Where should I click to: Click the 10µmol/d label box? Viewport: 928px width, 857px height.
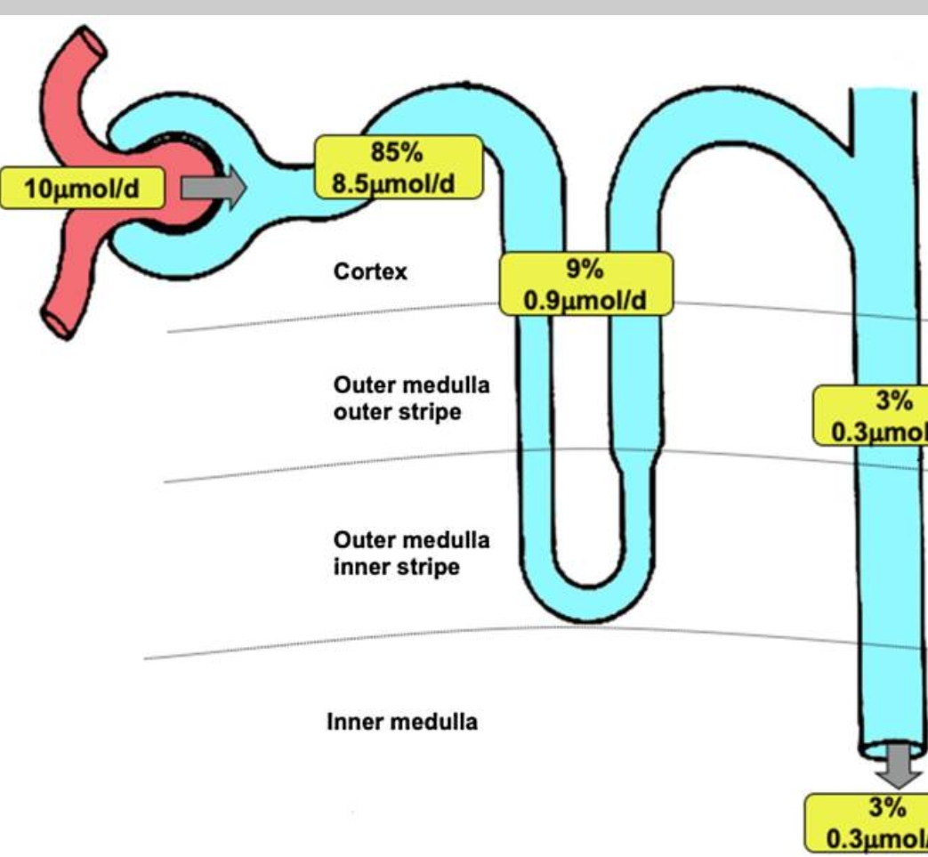[83, 189]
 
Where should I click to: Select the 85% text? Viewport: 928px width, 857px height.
[397, 152]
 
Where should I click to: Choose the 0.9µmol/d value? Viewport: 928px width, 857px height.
[585, 300]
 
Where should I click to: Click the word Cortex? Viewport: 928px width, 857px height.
[370, 271]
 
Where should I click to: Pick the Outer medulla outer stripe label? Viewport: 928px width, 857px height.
[411, 399]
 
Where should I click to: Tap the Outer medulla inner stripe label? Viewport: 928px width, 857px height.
[411, 553]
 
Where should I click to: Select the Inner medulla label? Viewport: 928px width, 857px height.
[402, 721]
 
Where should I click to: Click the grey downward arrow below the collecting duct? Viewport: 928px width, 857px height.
[902, 766]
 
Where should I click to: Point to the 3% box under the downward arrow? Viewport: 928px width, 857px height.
[870, 823]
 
